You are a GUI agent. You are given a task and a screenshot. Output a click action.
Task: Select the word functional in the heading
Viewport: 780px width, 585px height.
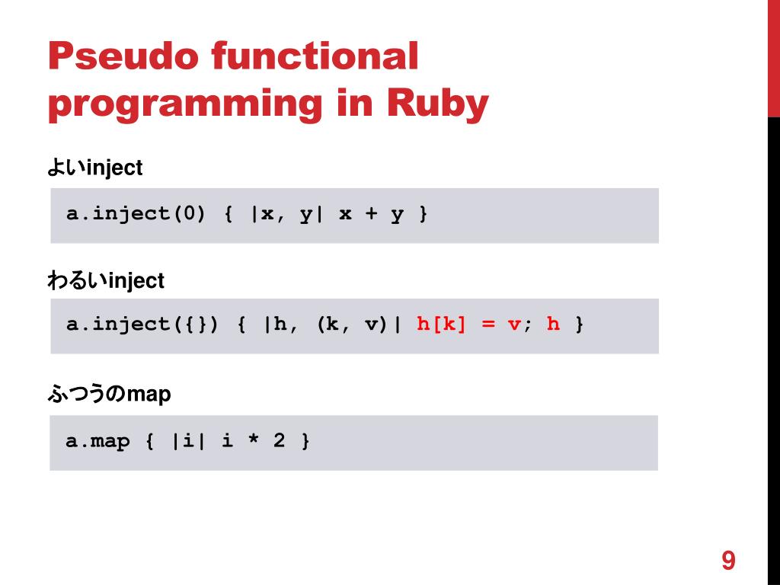click(314, 58)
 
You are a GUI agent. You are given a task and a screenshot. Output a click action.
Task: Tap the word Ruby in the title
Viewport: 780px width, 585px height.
click(437, 104)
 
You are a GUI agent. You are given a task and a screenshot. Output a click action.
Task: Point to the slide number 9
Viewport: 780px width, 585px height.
click(728, 561)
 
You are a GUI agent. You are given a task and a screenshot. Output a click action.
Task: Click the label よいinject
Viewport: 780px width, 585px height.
click(95, 168)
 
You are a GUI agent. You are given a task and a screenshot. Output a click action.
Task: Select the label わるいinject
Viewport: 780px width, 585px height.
click(106, 281)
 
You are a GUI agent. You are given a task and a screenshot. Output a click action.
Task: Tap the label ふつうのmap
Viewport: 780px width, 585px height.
click(110, 395)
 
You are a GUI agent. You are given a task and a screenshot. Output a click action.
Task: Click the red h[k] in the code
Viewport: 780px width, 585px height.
click(441, 324)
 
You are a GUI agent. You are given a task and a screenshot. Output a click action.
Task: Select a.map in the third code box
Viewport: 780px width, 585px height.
click(98, 441)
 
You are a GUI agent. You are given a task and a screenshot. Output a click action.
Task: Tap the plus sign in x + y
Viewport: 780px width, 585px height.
click(371, 214)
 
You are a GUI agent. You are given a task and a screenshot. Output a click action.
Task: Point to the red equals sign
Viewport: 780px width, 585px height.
click(488, 324)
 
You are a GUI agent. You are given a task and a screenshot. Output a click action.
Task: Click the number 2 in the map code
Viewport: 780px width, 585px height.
click(279, 441)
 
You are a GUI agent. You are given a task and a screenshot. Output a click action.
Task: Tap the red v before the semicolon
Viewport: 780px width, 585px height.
click(514, 325)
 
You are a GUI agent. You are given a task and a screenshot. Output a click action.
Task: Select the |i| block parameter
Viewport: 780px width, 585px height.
click(188, 441)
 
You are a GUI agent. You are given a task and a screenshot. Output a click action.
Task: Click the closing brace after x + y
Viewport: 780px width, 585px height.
click(423, 215)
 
